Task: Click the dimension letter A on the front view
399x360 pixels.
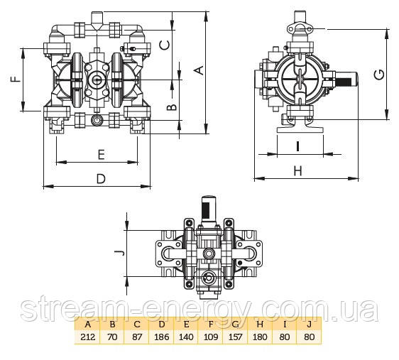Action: click(200, 70)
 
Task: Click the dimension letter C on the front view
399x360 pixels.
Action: click(165, 45)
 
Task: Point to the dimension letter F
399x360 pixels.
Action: click(16, 79)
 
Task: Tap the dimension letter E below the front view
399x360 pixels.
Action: click(102, 154)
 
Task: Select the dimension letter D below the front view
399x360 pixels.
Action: click(101, 179)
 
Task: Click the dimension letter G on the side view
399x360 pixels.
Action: click(379, 75)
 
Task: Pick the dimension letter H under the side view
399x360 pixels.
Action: click(297, 170)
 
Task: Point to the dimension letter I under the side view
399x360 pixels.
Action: click(297, 146)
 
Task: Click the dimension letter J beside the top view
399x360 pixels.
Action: click(119, 253)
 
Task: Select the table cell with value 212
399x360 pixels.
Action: click(87, 337)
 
